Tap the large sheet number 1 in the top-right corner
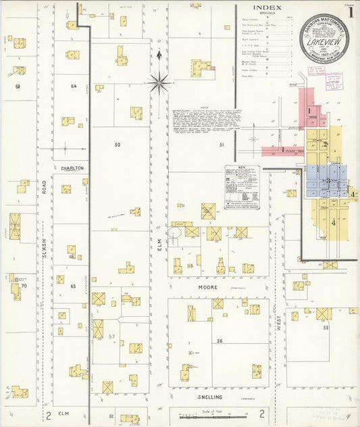[350, 12]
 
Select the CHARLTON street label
[72, 168]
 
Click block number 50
[117, 145]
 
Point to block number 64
[74, 86]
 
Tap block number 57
[113, 336]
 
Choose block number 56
[220, 341]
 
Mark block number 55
[325, 328]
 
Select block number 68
[18, 86]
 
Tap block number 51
[221, 145]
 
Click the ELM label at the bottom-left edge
[64, 412]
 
